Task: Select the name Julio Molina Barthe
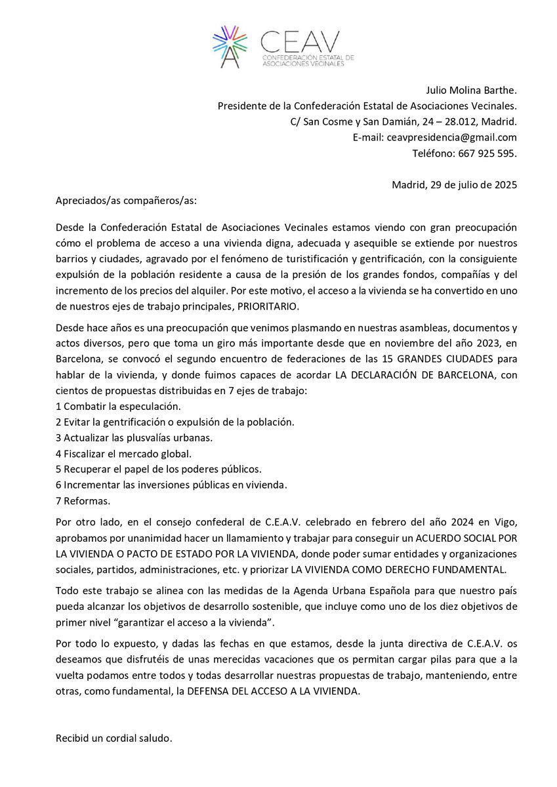pyautogui.click(x=469, y=90)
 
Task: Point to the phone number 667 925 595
pyautogui.click(x=484, y=153)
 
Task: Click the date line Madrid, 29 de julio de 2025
pyautogui.click(x=454, y=184)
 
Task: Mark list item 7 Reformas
pyautogui.click(x=83, y=501)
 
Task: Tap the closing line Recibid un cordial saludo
pyautogui.click(x=113, y=738)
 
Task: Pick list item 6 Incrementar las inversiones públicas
pyautogui.click(x=172, y=485)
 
